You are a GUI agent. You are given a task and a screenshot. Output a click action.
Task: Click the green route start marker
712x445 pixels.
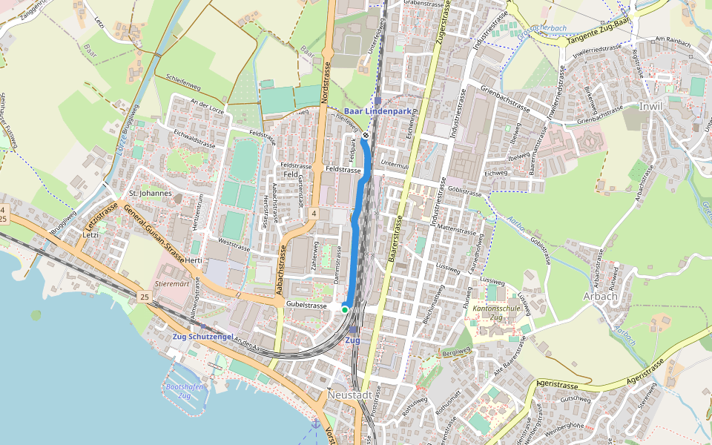345,309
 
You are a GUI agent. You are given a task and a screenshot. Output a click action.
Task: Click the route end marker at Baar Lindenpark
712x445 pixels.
366,136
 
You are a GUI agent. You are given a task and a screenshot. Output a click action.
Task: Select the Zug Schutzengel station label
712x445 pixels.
202,337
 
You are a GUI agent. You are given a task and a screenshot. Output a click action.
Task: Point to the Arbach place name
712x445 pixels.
601,296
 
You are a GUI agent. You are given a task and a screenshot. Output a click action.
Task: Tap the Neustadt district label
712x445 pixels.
349,396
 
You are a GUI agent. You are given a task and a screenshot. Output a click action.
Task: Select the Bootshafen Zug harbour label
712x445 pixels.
179,392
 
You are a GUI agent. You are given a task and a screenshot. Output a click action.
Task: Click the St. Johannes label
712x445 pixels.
151,194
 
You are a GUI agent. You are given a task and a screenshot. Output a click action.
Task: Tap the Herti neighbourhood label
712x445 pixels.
194,260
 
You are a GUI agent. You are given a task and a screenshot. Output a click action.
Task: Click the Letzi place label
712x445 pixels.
90,234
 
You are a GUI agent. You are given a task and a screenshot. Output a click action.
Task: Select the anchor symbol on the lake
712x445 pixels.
315,423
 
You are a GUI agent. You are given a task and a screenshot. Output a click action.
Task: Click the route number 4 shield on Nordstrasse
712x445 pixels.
314,214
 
